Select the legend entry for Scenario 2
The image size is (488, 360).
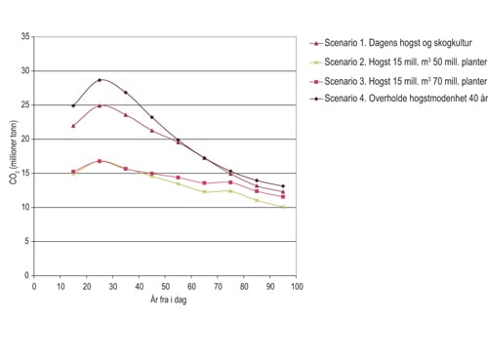pyautogui.click(x=400, y=61)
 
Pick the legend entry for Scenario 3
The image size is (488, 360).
pyautogui.click(x=400, y=80)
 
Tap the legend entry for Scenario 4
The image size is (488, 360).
pyautogui.click(x=400, y=99)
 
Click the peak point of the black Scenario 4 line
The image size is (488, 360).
pyautogui.click(x=100, y=80)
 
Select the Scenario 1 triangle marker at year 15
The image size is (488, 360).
pyautogui.click(x=73, y=126)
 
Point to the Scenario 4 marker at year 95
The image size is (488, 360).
pyautogui.click(x=283, y=186)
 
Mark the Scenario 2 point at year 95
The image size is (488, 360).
pyautogui.click(x=283, y=207)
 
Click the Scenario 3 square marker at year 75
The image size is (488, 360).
pyautogui.click(x=230, y=182)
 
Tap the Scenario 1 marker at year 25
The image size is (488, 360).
pyautogui.click(x=100, y=105)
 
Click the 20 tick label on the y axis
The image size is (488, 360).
pyautogui.click(x=25, y=140)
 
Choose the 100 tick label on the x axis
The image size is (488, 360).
pyautogui.click(x=297, y=286)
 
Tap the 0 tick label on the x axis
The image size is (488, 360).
pyautogui.click(x=34, y=286)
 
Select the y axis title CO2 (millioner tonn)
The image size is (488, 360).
pyautogui.click(x=12, y=156)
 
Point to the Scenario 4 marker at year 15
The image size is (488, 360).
pyautogui.click(x=73, y=105)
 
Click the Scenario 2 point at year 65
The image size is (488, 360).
pyautogui.click(x=204, y=192)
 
